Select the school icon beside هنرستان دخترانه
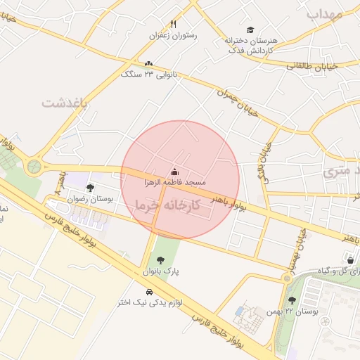230,30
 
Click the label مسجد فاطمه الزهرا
172,182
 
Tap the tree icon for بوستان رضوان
90,188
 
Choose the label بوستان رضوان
90,199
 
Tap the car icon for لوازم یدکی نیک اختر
149,292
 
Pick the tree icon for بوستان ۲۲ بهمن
292,300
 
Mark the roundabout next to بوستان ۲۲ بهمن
286,278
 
